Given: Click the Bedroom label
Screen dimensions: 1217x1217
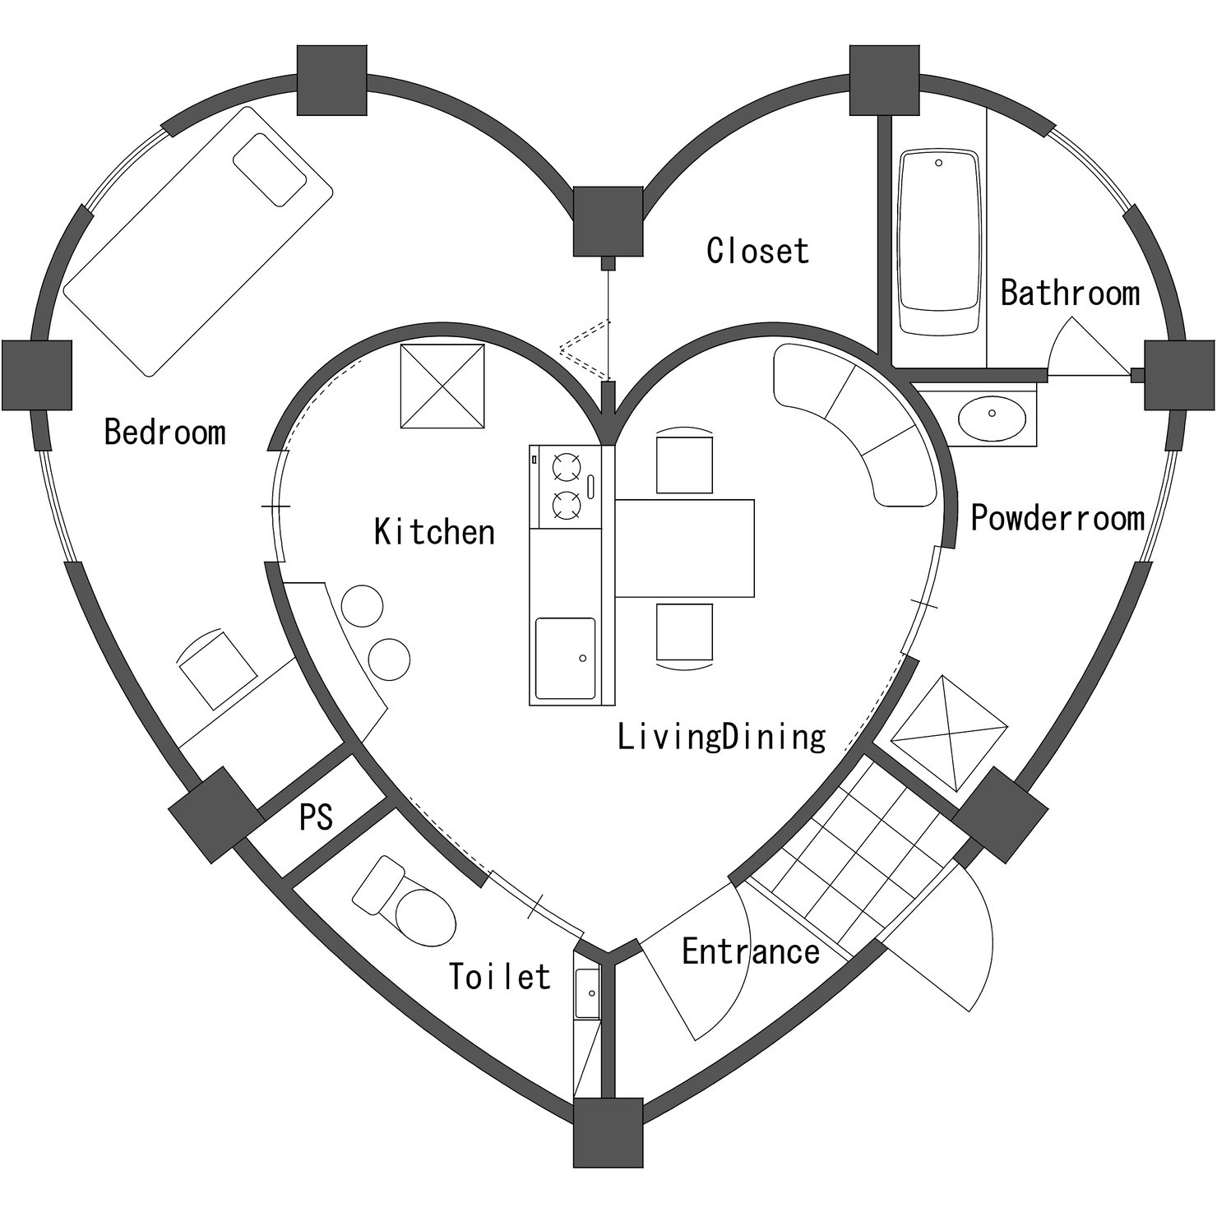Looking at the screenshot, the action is tap(165, 432).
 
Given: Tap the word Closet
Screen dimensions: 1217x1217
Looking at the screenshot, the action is tap(758, 251).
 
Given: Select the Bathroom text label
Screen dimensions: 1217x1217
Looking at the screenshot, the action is tap(1071, 293).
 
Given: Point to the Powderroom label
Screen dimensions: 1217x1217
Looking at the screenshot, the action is tap(1058, 517).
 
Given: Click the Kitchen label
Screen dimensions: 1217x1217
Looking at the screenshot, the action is tap(435, 531).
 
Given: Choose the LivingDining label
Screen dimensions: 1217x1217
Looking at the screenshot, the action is tap(722, 737).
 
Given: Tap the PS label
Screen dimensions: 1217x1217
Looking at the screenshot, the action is tap(317, 817).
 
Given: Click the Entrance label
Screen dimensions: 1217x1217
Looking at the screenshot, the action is tap(751, 951).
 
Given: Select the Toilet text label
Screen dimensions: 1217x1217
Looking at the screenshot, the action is tap(500, 977).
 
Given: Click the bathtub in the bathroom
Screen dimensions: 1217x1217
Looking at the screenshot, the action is tap(939, 242).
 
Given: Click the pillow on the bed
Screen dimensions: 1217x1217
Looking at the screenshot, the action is tap(271, 169).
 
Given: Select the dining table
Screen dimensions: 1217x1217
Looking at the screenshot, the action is tap(684, 548).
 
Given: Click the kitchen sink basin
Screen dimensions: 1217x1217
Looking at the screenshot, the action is tap(565, 658).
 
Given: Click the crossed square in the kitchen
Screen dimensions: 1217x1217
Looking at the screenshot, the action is tap(442, 386).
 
